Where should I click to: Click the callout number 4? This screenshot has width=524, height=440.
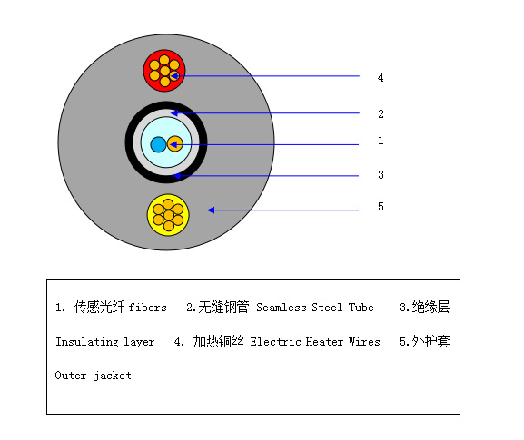381,77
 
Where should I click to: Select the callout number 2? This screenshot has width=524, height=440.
381,114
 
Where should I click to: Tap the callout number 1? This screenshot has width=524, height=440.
381,141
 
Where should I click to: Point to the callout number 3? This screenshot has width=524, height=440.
381,174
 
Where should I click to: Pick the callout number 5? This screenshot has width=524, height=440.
381,206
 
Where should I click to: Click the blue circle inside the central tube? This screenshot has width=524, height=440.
158,144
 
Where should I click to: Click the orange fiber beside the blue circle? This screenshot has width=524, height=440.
174,144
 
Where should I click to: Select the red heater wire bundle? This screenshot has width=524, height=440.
164,71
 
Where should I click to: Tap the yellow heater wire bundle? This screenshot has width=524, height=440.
168,215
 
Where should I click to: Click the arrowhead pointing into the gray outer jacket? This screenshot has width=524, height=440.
212,210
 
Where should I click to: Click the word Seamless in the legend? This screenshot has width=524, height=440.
282,308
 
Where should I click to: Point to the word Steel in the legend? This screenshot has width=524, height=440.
327,308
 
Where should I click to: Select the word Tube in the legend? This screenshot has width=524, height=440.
361,308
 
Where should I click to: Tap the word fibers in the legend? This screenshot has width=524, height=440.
147,308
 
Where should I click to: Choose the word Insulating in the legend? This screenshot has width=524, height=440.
87,342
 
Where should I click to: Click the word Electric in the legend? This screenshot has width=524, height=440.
275,342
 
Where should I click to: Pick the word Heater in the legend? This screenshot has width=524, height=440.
324,342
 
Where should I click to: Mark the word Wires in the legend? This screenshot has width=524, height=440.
364,342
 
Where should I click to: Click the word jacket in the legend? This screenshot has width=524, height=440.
113,376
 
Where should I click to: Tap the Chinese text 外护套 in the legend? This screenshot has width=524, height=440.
430,341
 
